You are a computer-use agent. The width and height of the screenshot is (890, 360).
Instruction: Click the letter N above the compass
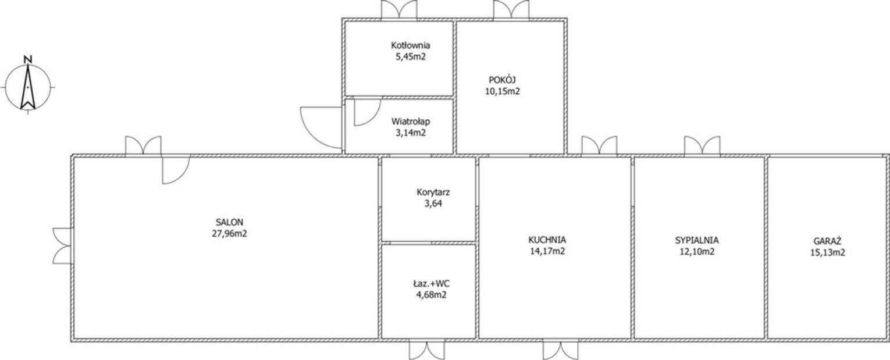tap(28, 60)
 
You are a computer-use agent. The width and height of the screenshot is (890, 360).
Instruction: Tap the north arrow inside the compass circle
tap(28, 86)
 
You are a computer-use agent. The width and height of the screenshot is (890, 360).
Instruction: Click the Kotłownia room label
tap(411, 45)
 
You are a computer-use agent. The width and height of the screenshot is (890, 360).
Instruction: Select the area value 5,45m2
tap(411, 57)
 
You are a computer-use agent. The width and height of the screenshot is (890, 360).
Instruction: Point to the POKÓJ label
tap(502, 80)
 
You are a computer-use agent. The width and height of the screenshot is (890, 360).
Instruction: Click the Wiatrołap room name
tap(411, 122)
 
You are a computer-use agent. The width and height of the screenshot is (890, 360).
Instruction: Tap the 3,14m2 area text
tap(411, 133)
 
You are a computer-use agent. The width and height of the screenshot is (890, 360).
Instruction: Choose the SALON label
tap(229, 222)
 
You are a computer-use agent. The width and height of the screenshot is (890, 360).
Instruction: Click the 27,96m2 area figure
tap(229, 234)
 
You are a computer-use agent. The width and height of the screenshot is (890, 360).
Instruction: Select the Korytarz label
tap(433, 193)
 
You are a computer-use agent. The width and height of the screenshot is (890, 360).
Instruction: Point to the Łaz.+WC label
tap(431, 284)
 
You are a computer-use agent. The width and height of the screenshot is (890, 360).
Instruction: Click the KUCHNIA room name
tap(547, 240)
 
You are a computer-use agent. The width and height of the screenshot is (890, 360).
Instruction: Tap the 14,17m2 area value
tap(547, 251)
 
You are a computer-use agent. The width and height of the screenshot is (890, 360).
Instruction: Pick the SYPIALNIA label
tap(697, 240)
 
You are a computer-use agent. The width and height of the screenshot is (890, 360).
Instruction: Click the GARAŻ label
tap(827, 241)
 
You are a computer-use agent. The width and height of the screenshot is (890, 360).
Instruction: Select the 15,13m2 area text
tap(828, 252)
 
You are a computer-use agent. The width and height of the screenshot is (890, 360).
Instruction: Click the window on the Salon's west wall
tap(62, 245)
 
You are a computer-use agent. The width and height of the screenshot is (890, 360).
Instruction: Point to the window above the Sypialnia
tap(702, 145)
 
